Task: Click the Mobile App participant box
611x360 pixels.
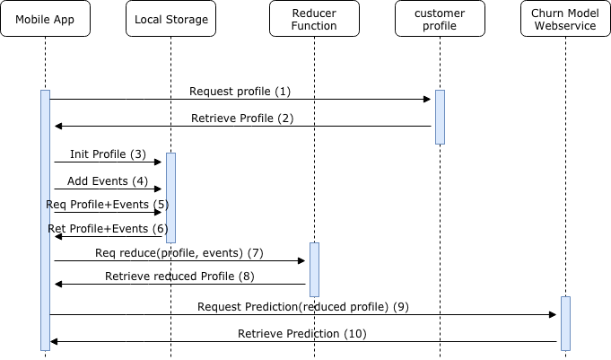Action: point(45,19)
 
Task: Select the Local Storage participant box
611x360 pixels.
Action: point(170,19)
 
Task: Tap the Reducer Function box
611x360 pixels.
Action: point(314,19)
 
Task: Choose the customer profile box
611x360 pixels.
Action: point(440,19)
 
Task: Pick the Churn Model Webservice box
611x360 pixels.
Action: point(565,19)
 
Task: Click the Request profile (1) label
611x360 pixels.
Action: point(240,92)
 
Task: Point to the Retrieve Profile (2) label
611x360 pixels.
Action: point(242,119)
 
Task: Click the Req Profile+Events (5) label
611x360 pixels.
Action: point(107,204)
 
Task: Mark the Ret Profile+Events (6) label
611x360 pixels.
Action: point(108,229)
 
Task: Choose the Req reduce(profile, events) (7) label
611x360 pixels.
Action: point(179,253)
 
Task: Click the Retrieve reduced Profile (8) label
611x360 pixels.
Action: point(179,276)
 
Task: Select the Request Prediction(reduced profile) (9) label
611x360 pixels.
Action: point(303,307)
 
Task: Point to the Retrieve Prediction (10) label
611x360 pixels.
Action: point(302,334)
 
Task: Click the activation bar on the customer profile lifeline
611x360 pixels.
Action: point(440,117)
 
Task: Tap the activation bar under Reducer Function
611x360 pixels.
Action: point(314,269)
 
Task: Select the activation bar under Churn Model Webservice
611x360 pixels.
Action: point(565,323)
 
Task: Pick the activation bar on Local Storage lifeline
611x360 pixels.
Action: point(170,198)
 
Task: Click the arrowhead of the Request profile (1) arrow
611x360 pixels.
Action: point(428,99)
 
